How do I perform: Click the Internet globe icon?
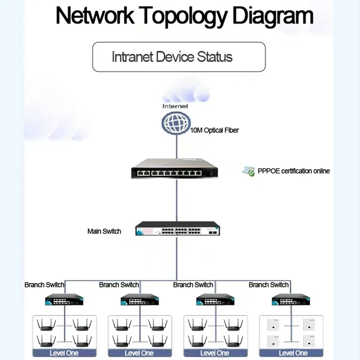[175, 124]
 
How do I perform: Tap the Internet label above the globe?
[175, 106]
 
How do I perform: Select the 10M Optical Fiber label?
[215, 130]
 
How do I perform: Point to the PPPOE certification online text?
[294, 171]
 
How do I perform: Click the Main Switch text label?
[104, 231]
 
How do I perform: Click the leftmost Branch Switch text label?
[45, 285]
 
